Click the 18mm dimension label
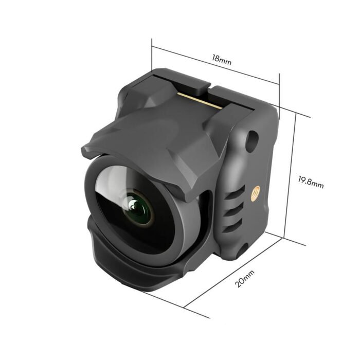click(x=222, y=59)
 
